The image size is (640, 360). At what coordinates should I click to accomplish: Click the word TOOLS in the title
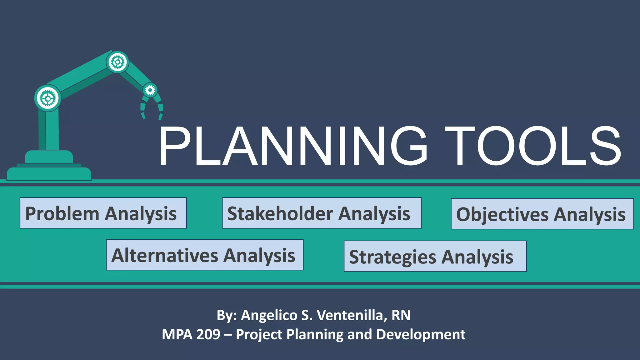coord(532,146)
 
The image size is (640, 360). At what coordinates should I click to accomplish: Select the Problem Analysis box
coord(103,213)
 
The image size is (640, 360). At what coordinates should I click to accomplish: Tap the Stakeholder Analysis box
coord(322,213)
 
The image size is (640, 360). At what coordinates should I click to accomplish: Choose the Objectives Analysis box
coord(542,214)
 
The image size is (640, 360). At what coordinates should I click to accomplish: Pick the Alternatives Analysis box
coord(205,255)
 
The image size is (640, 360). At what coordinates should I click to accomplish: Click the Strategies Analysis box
coord(435,256)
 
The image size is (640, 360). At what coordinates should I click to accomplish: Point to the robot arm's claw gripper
coord(152,108)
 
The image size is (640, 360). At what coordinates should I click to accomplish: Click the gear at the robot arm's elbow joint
coord(117,62)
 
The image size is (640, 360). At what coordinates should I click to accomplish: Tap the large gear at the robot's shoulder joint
coord(47,98)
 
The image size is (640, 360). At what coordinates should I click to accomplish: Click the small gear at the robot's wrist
coord(150,90)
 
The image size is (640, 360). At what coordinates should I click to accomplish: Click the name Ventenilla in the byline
coord(350,315)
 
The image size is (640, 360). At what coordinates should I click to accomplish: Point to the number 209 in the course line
coord(208,334)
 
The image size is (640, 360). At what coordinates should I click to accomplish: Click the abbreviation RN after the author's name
coord(401,315)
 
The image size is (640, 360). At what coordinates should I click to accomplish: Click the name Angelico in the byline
coord(269,315)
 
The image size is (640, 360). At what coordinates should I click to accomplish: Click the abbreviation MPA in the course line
coord(176,334)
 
